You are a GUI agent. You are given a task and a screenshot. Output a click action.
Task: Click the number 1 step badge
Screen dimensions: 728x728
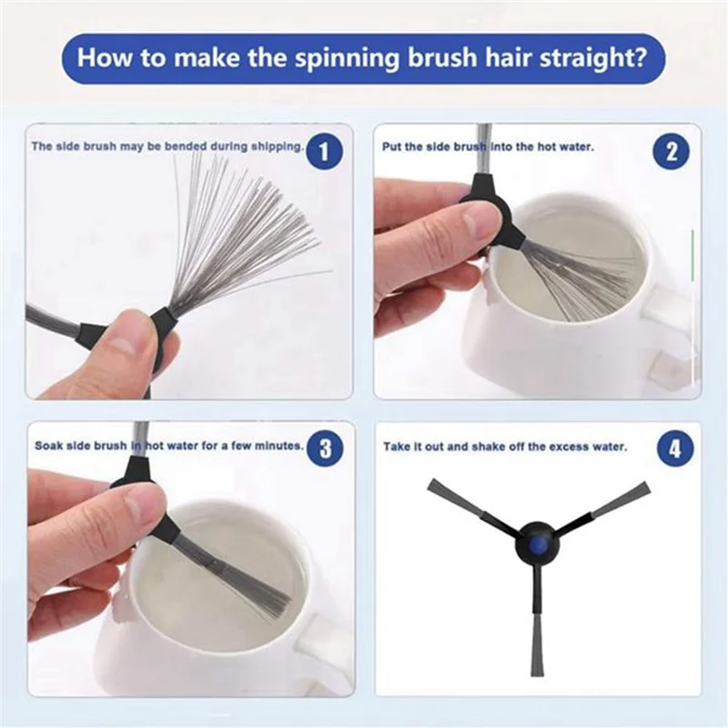point(324,151)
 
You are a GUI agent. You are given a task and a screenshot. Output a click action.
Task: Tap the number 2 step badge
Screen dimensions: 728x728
point(672,151)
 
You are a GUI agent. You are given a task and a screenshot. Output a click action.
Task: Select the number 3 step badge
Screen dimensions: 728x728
point(326,449)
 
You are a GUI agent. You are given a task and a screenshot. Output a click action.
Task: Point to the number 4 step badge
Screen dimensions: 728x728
point(674,449)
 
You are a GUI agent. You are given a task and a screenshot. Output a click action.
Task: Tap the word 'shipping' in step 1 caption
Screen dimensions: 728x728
point(276,147)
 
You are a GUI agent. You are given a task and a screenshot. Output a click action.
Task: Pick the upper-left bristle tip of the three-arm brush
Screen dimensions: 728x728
point(430,484)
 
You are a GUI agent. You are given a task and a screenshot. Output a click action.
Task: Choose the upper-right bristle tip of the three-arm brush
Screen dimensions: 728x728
point(645,486)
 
